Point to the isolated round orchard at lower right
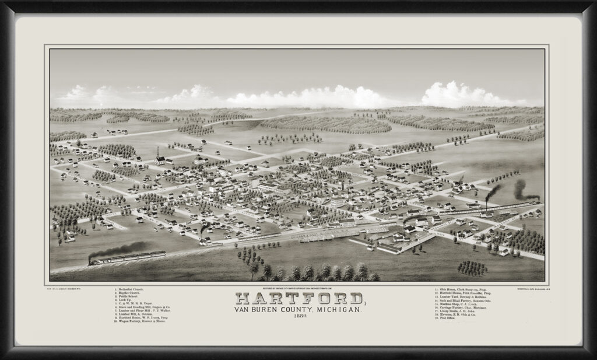(x=472, y=268)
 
